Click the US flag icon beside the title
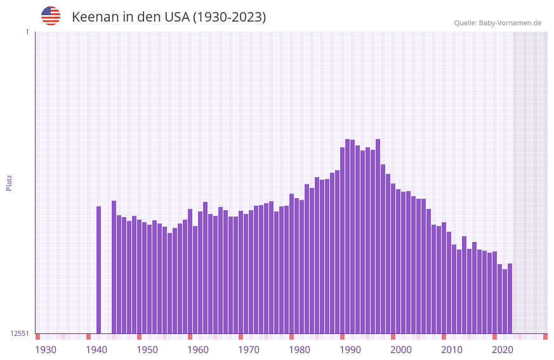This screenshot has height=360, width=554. [x=51, y=16]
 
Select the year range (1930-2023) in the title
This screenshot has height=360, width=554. [x=229, y=17]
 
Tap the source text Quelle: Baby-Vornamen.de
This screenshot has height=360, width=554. [x=498, y=23]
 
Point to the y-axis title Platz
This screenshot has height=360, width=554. [x=9, y=182]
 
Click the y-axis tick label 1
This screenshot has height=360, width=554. [x=27, y=32]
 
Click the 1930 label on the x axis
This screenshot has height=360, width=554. [x=46, y=350]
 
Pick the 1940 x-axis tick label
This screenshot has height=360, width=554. [x=96, y=350]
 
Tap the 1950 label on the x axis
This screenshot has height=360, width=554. [x=147, y=350]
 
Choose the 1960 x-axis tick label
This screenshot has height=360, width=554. [x=198, y=350]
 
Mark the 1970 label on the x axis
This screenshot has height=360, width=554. [x=249, y=350]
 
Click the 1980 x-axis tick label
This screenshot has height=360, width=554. [x=300, y=350]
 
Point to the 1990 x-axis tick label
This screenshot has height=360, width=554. [x=350, y=350]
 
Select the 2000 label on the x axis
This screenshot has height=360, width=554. [x=401, y=350]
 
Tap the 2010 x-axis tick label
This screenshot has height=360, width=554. [x=452, y=350]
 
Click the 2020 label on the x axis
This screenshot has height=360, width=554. [x=503, y=350]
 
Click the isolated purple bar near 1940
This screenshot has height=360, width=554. [x=99, y=270]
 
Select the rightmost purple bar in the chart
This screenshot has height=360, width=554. [x=510, y=298]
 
